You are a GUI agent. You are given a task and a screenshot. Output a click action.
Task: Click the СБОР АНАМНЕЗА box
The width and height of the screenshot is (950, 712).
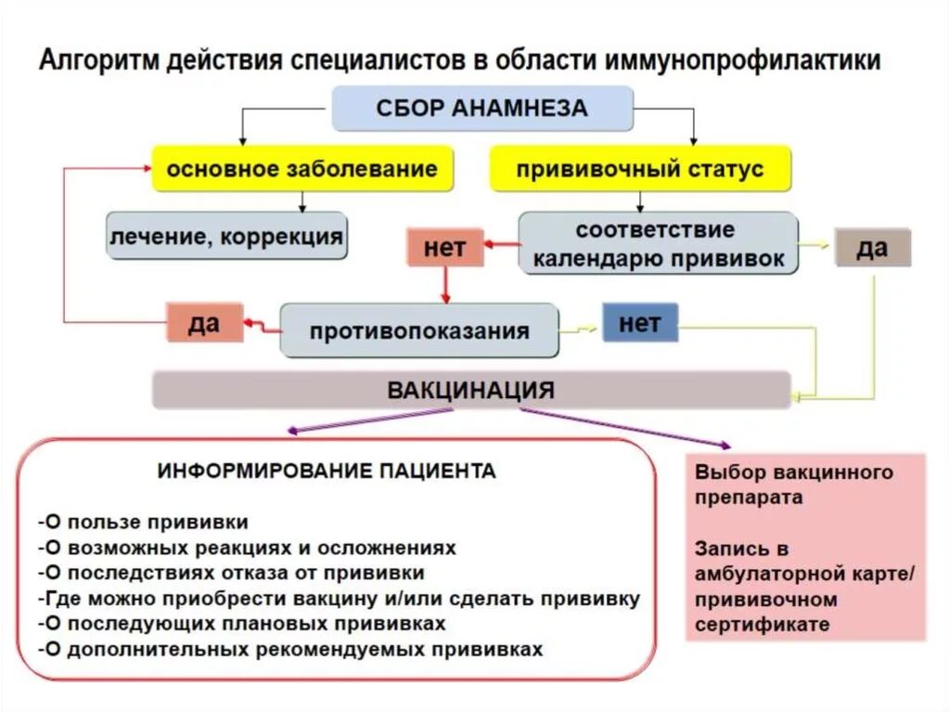[x=481, y=108]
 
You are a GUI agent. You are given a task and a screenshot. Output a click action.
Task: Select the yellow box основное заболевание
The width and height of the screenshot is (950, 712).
[x=302, y=169]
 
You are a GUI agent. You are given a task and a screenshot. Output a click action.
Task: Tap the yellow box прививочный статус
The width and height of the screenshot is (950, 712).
[x=640, y=169]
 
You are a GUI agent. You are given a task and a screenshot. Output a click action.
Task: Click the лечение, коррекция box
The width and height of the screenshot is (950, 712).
[x=226, y=236]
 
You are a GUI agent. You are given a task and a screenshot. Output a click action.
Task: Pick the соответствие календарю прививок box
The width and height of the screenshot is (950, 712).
[x=657, y=243]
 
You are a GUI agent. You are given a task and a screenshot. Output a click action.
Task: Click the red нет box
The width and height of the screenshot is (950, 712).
[x=444, y=247]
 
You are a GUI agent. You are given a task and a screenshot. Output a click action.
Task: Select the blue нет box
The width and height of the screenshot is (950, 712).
[x=639, y=323]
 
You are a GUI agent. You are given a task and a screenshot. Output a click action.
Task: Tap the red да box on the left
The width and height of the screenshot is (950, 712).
[x=204, y=322]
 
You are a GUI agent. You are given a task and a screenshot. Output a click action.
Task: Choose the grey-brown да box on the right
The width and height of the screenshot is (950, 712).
[x=872, y=248]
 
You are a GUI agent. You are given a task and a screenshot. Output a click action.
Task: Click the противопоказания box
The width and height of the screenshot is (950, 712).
[x=419, y=330]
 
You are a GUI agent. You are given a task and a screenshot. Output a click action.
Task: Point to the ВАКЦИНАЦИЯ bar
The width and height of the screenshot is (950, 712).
[x=471, y=390]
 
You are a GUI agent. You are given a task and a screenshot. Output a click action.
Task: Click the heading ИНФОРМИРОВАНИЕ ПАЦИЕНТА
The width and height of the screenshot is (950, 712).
[x=327, y=471]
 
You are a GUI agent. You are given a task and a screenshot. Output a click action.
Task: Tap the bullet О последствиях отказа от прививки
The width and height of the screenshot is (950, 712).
[x=232, y=573]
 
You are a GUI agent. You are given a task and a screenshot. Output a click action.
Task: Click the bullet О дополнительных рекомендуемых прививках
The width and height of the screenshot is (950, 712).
[x=290, y=649]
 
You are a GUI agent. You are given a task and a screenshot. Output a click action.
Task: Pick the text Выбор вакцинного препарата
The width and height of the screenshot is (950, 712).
[x=793, y=484]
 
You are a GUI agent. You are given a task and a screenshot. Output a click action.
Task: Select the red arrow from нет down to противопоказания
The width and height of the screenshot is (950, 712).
[x=445, y=285]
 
